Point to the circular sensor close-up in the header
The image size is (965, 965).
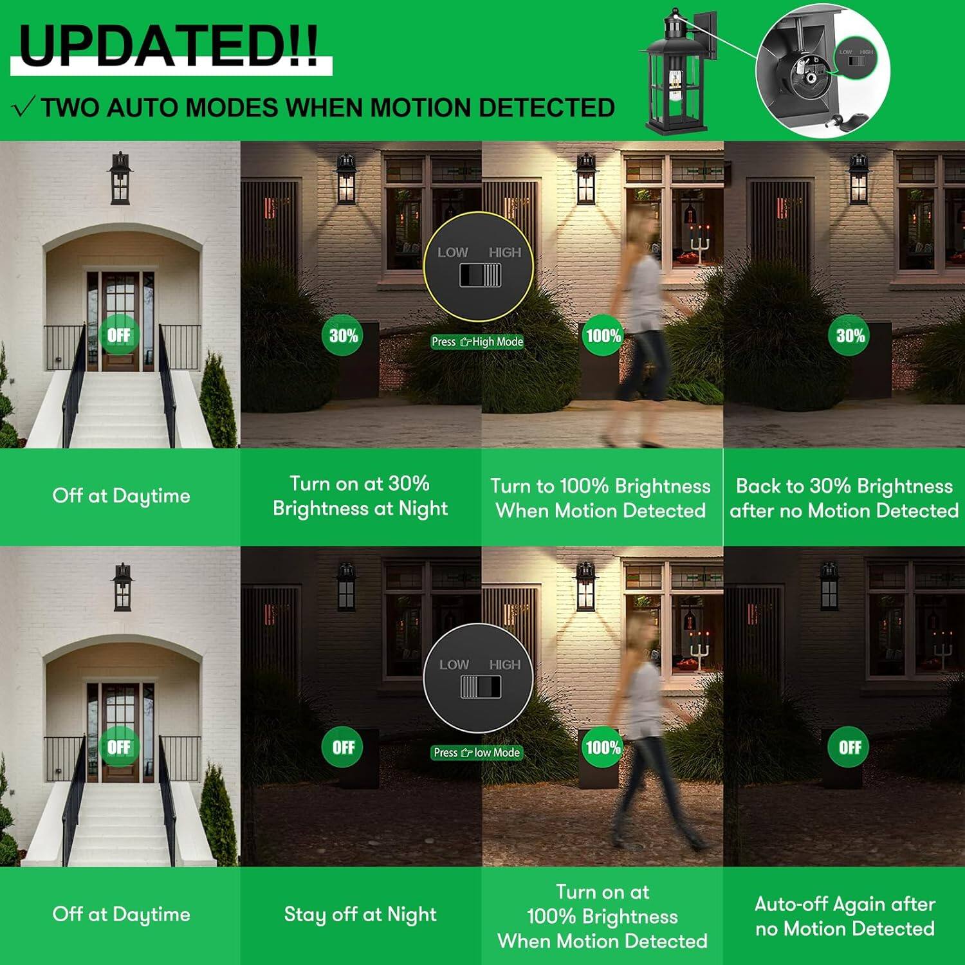click(x=822, y=72)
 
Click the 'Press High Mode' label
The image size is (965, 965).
click(x=477, y=342)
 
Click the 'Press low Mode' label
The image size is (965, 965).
click(x=477, y=752)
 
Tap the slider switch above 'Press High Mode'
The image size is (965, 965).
click(x=480, y=275)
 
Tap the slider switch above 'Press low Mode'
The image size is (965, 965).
click(x=480, y=686)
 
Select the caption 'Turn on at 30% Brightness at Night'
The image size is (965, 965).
click(x=360, y=496)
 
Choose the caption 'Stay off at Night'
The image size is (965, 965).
click(x=360, y=914)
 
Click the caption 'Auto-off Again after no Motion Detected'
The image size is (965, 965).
click(x=845, y=916)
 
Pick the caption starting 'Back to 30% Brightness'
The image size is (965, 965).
click(x=844, y=498)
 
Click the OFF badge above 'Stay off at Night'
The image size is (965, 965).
click(x=343, y=747)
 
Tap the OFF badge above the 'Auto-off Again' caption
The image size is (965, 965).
click(x=849, y=747)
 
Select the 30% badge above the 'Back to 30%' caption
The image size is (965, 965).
click(x=850, y=335)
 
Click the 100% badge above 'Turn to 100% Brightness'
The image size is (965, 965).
click(x=603, y=335)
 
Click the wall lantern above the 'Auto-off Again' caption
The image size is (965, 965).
click(x=829, y=585)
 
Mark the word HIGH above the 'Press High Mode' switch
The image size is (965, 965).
click(x=504, y=252)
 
